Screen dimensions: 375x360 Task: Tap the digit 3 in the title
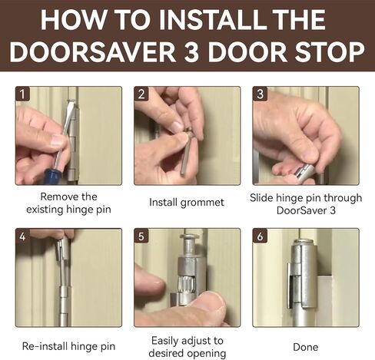coord(191,52)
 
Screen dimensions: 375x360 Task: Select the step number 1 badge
coord(22,94)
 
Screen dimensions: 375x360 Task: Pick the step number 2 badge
coord(141,94)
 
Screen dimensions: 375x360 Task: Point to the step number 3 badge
coord(260,94)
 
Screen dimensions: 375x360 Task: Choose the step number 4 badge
coord(22,236)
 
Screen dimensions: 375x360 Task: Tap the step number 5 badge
coord(141,236)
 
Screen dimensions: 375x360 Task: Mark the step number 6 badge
coord(260,236)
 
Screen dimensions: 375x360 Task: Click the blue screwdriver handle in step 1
coord(52,175)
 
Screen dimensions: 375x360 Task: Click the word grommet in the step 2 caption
coord(202,203)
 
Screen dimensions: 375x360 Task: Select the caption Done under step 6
coord(306,347)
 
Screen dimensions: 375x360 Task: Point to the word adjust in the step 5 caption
coord(187,341)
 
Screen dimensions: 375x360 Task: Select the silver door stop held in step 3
coord(304,171)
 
